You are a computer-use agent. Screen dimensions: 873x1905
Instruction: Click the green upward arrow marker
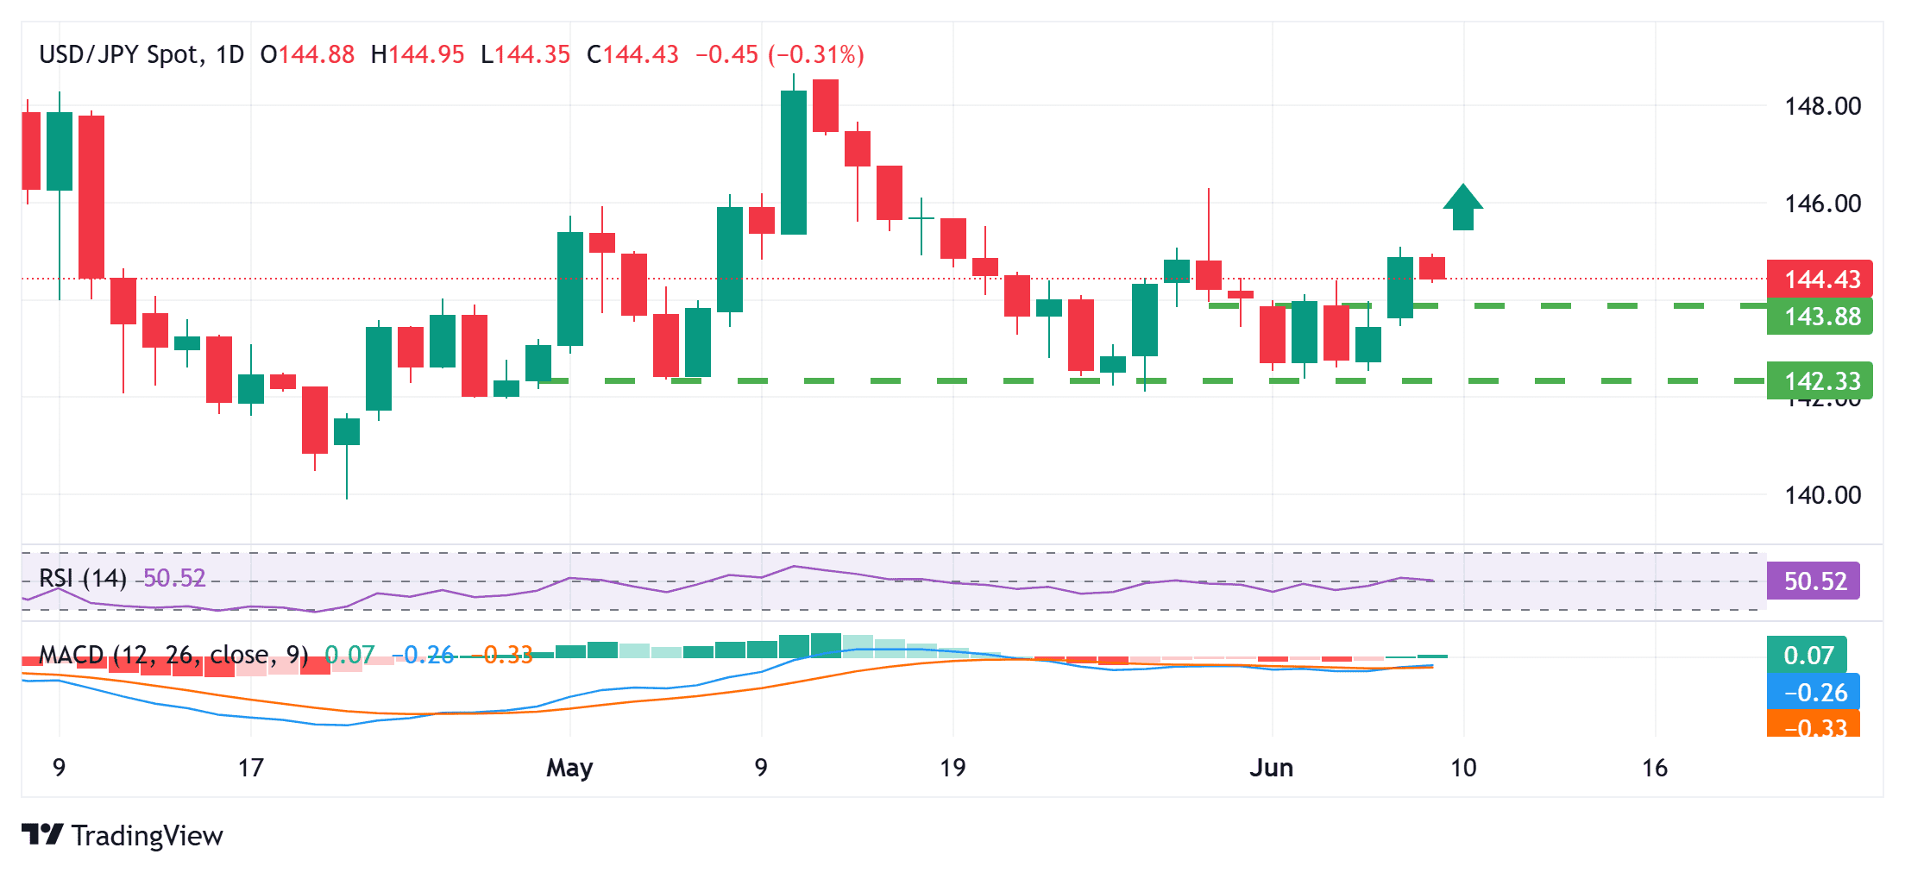(1462, 208)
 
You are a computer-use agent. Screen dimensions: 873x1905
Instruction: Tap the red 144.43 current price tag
(1820, 279)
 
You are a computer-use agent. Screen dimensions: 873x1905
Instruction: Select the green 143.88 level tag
(1820, 317)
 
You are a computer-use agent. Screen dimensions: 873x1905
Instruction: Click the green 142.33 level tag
(1820, 380)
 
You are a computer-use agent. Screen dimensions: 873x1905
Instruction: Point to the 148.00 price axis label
(1822, 106)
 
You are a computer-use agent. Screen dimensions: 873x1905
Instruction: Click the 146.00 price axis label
(1822, 204)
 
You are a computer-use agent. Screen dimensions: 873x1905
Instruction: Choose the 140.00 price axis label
(1822, 495)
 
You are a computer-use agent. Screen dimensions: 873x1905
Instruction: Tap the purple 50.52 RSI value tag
(1814, 581)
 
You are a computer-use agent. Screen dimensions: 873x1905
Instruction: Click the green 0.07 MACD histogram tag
(1808, 655)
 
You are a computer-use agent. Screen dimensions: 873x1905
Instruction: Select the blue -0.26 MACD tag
(1814, 692)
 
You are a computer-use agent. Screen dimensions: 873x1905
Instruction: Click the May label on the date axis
(569, 768)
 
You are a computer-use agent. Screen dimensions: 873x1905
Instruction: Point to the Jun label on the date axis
(1271, 768)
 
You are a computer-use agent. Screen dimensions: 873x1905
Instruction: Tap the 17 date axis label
(250, 768)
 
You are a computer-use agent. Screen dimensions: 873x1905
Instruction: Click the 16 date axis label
(1654, 768)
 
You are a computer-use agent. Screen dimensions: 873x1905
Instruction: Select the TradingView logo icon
(42, 835)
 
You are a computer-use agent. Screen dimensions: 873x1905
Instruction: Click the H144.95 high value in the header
(418, 54)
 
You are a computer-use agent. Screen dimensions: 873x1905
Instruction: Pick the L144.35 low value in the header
(525, 54)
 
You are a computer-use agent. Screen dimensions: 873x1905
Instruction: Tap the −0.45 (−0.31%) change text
(779, 54)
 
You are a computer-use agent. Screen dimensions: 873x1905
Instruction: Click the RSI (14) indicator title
(83, 578)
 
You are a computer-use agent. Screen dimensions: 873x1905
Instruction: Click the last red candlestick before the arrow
(1432, 267)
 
